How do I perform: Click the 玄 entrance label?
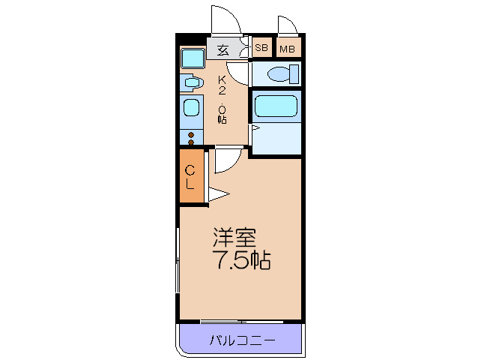pos(223,50)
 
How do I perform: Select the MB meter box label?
pos(288,49)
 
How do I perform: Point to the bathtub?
pos(276,106)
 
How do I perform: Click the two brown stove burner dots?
pos(191,138)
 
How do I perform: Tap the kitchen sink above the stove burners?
pos(191,109)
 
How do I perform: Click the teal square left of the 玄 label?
pos(193,58)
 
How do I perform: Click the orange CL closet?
pos(190,176)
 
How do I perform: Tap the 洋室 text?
pos(234,239)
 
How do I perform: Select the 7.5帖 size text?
pos(239,262)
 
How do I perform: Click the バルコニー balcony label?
pos(241,340)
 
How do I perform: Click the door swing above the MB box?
pos(288,25)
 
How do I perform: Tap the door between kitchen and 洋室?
pos(228,157)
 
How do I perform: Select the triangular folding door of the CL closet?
pos(217,195)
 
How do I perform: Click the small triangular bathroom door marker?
pos(255,130)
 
